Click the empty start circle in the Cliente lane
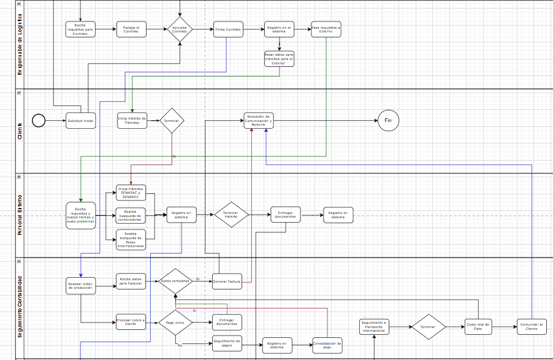tap(39, 120)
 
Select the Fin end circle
tap(388, 120)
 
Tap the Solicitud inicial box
tap(81, 121)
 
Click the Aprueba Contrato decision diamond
tap(180, 29)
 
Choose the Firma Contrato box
tap(228, 29)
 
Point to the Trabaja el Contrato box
tap(131, 29)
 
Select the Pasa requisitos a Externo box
tap(326, 29)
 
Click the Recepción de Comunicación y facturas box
tap(258, 120)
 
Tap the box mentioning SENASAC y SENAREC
tap(131, 193)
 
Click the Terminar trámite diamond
tap(231, 215)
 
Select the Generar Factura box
tap(227, 281)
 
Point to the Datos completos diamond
tap(175, 281)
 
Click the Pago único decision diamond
tap(175, 321)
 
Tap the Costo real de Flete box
tap(478, 327)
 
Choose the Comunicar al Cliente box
tap(532, 327)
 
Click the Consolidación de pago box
tap(327, 345)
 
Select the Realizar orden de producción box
tap(81, 286)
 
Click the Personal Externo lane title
tap(19, 215)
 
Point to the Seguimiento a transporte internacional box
tap(374, 327)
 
